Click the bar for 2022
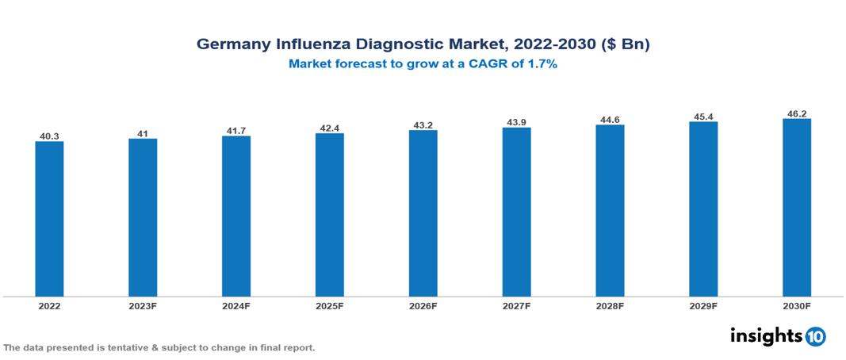tap(49, 219)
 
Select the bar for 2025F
tap(329, 215)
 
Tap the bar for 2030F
tap(796, 208)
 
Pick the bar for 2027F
tap(516, 212)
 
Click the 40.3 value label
tap(49, 136)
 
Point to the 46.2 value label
tap(796, 114)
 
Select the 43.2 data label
tap(423, 125)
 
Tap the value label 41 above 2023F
tap(143, 134)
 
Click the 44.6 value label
tap(610, 120)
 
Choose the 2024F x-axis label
tap(236, 306)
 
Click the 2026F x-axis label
tap(423, 306)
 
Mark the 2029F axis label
tap(703, 306)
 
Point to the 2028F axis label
tap(610, 306)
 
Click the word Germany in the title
tap(232, 45)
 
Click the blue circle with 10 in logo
tap(815, 336)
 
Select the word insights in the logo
tap(766, 335)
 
